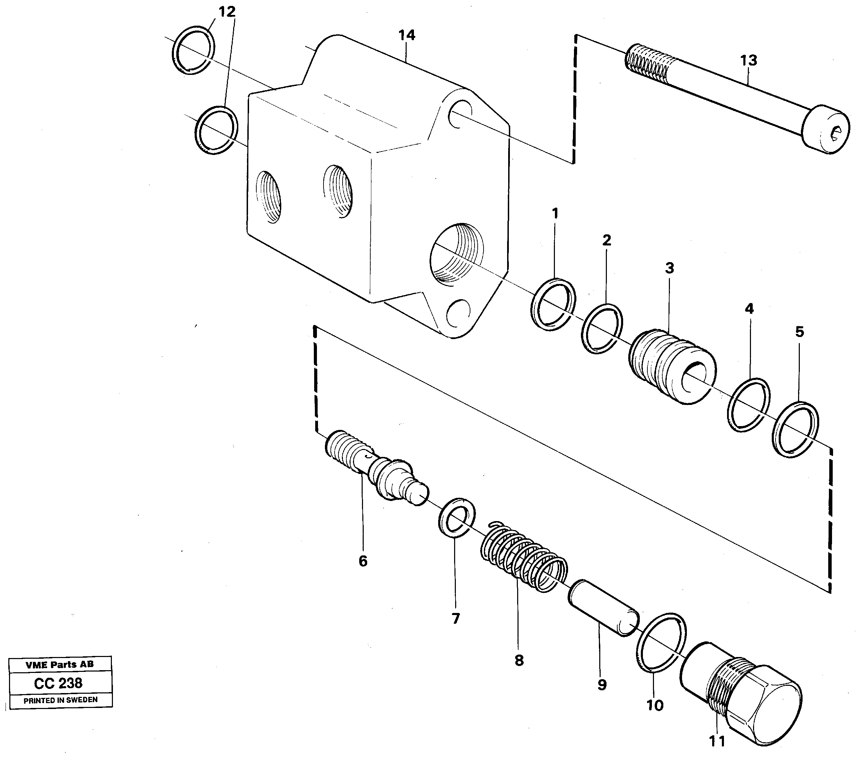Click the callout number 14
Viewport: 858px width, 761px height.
[406, 35]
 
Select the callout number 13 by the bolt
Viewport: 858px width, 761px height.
[749, 61]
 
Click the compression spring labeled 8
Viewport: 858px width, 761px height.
[523, 556]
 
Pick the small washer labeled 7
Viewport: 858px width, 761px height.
[457, 518]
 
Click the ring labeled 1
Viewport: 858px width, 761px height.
[553, 304]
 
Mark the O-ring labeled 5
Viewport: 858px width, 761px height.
[795, 430]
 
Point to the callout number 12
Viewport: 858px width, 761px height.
[227, 12]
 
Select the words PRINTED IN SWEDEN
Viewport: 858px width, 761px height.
[61, 700]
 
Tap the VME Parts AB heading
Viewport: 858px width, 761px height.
[60, 665]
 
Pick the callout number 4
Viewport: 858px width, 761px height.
[749, 309]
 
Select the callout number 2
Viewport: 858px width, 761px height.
[606, 240]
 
